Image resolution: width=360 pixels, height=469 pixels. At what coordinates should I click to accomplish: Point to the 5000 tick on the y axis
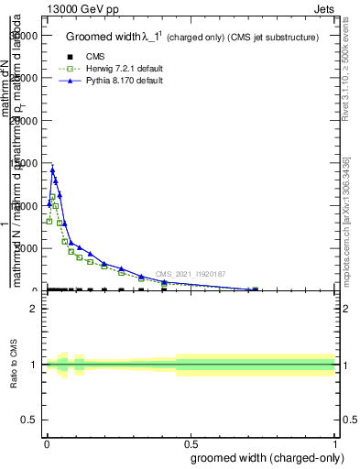click(24, 248)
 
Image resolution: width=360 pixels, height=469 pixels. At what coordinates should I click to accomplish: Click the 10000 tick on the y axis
click(22, 206)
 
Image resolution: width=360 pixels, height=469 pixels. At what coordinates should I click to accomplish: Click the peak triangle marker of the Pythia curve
click(52, 170)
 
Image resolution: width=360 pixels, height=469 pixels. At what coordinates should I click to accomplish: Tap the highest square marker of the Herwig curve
click(53, 197)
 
